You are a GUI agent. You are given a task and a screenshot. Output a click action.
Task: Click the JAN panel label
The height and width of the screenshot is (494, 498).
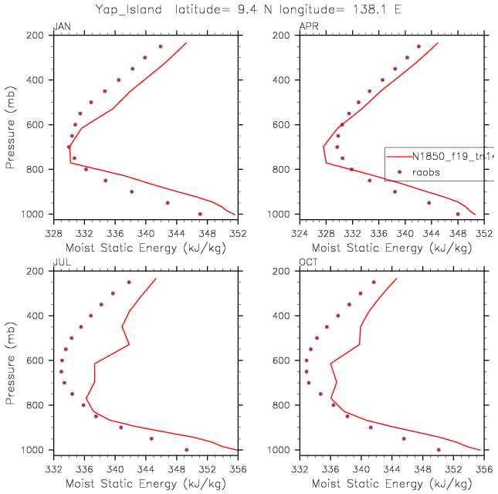tap(61, 28)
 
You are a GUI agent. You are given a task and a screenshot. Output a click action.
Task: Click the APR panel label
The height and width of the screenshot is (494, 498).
tap(307, 28)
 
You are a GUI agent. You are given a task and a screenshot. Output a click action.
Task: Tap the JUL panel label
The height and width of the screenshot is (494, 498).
tap(61, 264)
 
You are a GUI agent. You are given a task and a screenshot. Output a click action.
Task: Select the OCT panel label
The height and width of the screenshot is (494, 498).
tap(307, 264)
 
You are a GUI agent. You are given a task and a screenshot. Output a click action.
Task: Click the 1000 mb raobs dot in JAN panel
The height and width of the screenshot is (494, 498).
tap(200, 214)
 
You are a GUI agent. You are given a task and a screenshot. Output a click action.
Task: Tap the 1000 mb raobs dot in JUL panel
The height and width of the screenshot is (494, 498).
tap(186, 449)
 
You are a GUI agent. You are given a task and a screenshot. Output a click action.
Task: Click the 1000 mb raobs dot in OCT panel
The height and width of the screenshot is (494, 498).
tap(439, 449)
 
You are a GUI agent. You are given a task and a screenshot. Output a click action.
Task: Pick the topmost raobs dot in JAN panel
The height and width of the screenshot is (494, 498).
tap(161, 46)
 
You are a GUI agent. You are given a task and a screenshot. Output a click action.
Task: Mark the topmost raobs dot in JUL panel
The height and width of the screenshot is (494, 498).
tap(129, 282)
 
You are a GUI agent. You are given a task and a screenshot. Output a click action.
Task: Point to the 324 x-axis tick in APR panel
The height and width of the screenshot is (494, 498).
tap(300, 230)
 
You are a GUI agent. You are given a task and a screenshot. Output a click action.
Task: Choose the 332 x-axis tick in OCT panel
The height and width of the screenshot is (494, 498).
tap(300, 466)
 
